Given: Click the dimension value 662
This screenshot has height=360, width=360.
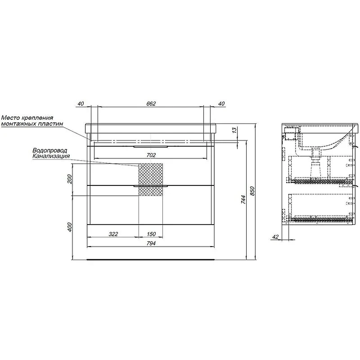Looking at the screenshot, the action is point(151,104).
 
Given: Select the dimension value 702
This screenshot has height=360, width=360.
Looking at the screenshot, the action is point(151,155).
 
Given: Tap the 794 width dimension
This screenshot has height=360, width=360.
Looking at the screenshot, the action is point(151,243).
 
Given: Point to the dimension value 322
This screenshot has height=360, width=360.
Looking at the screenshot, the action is point(113,234).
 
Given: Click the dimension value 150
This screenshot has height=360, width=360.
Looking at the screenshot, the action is point(151,234).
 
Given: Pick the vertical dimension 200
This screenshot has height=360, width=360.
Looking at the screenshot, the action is point(70,179).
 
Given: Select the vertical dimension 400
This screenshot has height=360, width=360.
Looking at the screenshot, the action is point(70,227).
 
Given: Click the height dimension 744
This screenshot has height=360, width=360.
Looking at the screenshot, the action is point(243,200).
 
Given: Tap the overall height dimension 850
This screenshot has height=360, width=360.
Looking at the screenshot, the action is point(252,191).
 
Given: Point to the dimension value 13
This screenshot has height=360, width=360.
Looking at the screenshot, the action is point(234,130).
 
